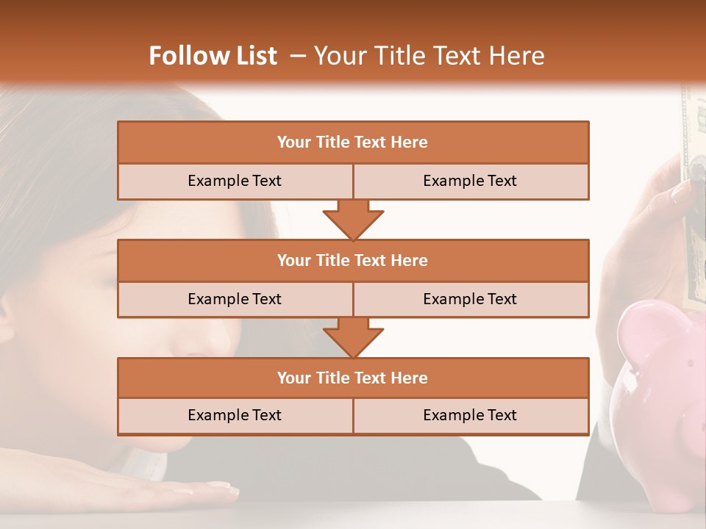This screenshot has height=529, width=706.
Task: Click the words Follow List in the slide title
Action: coord(213,56)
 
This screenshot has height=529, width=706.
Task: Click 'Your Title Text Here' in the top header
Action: coord(429,56)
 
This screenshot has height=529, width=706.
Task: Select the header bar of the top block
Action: coord(353,143)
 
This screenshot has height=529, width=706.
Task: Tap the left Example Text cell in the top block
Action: coord(235,181)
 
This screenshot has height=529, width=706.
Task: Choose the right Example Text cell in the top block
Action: coord(471,181)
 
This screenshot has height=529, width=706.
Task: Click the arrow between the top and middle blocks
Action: coord(353,220)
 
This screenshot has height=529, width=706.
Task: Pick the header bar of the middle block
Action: coord(353,260)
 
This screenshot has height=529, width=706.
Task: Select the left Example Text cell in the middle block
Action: coord(235,299)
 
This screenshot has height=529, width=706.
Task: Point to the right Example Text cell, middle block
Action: coord(471,299)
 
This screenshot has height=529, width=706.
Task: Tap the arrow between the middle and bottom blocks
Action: coord(353,338)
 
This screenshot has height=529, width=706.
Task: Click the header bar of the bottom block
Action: coord(353,378)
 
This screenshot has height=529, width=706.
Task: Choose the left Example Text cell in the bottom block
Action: coord(235,415)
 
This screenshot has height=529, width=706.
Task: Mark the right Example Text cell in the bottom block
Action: coord(471,415)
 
